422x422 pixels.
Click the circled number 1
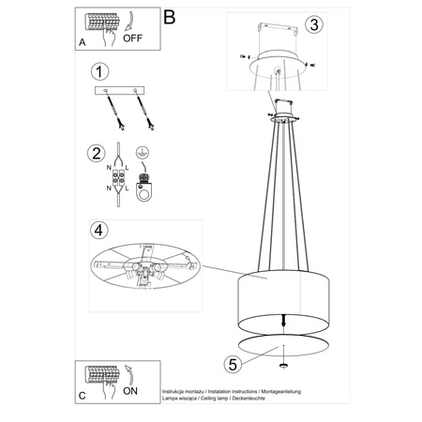tap(96, 71)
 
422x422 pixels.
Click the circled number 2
tap(96, 153)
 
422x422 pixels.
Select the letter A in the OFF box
tap(83, 40)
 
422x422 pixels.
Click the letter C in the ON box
tap(83, 397)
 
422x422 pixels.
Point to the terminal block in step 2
tap(119, 178)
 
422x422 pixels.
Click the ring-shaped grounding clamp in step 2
tap(143, 194)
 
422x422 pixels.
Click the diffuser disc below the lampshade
tap(282, 343)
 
